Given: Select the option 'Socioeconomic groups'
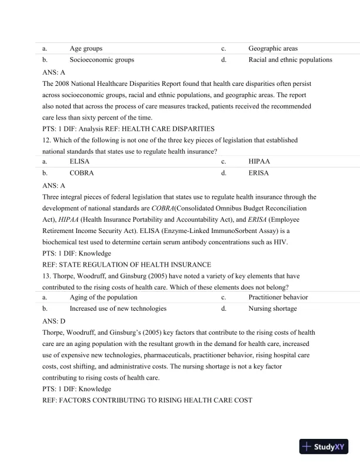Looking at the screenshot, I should pos(101,59).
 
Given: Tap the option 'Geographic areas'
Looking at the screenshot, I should pos(272,48).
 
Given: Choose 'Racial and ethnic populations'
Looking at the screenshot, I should pos(290,59).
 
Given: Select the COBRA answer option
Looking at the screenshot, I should pos(82,174).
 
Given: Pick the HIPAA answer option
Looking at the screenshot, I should pos(259,162).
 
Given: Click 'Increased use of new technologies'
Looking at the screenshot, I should pos(118,308).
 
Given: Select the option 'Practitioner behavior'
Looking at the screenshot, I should pos(278,297).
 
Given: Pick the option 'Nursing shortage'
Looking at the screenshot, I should pos(272,308).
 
